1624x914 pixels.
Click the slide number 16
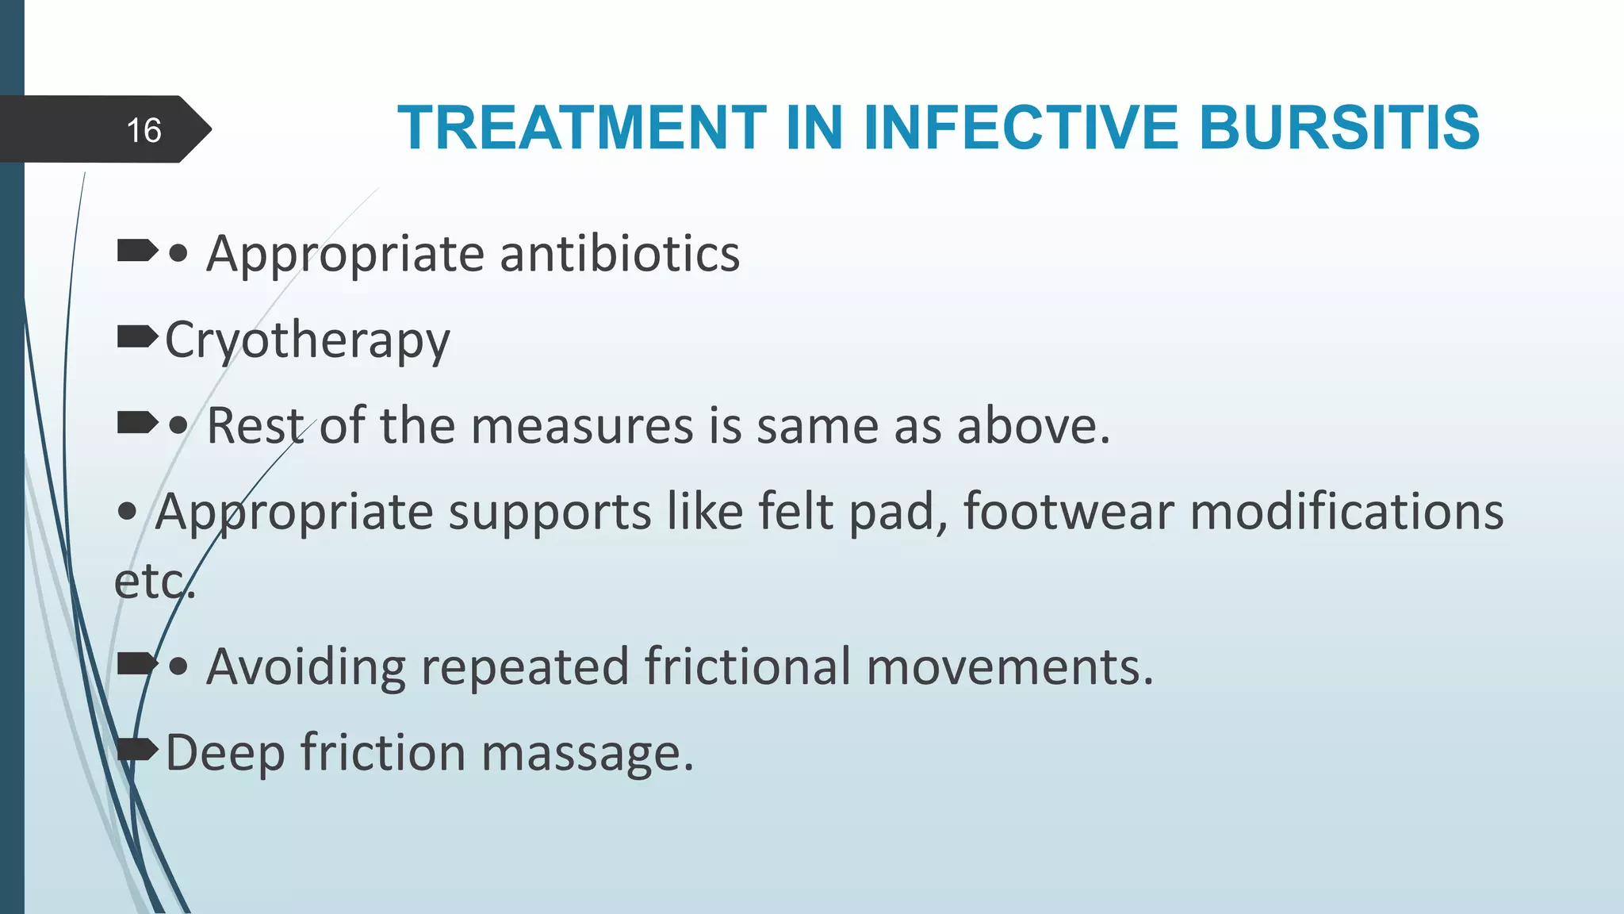click(144, 130)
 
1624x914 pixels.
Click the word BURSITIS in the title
click(1339, 128)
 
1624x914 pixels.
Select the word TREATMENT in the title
click(582, 128)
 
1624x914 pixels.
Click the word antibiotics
click(619, 254)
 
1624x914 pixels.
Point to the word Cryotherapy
click(308, 341)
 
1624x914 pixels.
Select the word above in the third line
click(1032, 426)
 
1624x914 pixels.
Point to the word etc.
click(154, 582)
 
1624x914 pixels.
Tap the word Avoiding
click(306, 666)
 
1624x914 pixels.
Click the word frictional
click(747, 666)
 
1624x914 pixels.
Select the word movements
click(1009, 666)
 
